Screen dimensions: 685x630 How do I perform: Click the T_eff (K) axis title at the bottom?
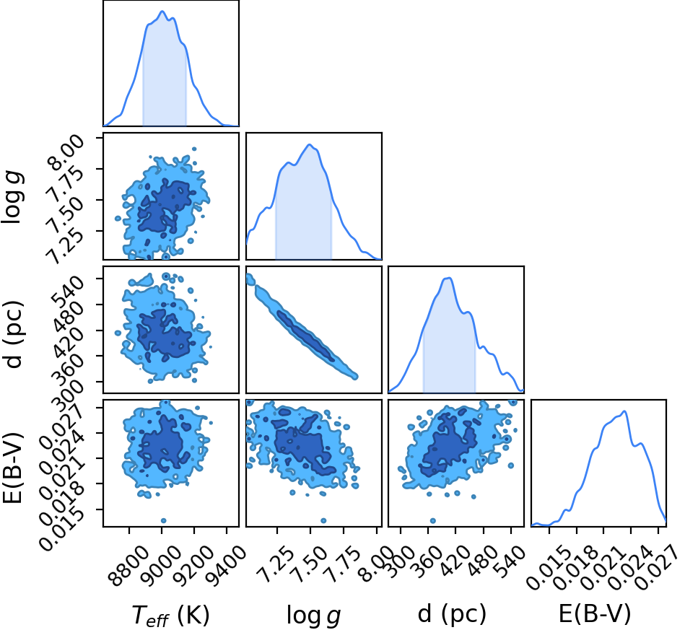coord(171,615)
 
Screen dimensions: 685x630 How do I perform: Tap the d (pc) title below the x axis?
coord(452,614)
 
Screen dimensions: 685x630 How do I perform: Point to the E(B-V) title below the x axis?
coord(595,614)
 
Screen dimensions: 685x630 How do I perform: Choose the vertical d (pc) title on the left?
coord(13,334)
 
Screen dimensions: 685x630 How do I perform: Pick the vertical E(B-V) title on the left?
coord(13,468)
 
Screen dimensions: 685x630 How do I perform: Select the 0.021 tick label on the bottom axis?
coord(603,566)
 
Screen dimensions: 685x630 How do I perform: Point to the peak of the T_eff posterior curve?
coord(162,12)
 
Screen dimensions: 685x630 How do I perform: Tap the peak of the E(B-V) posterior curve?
coord(624,411)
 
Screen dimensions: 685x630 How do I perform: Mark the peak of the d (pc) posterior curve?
coord(448,278)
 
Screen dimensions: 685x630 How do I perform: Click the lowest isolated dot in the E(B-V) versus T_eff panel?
coord(163,520)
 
